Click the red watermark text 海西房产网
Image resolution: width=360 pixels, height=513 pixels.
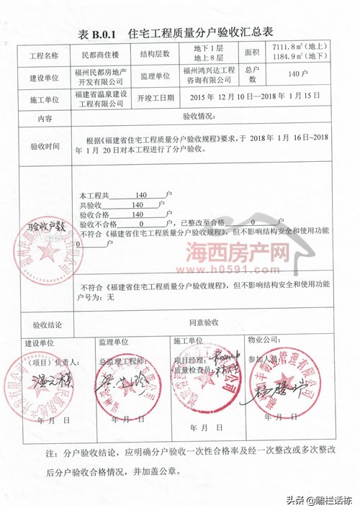pos(228,253)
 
